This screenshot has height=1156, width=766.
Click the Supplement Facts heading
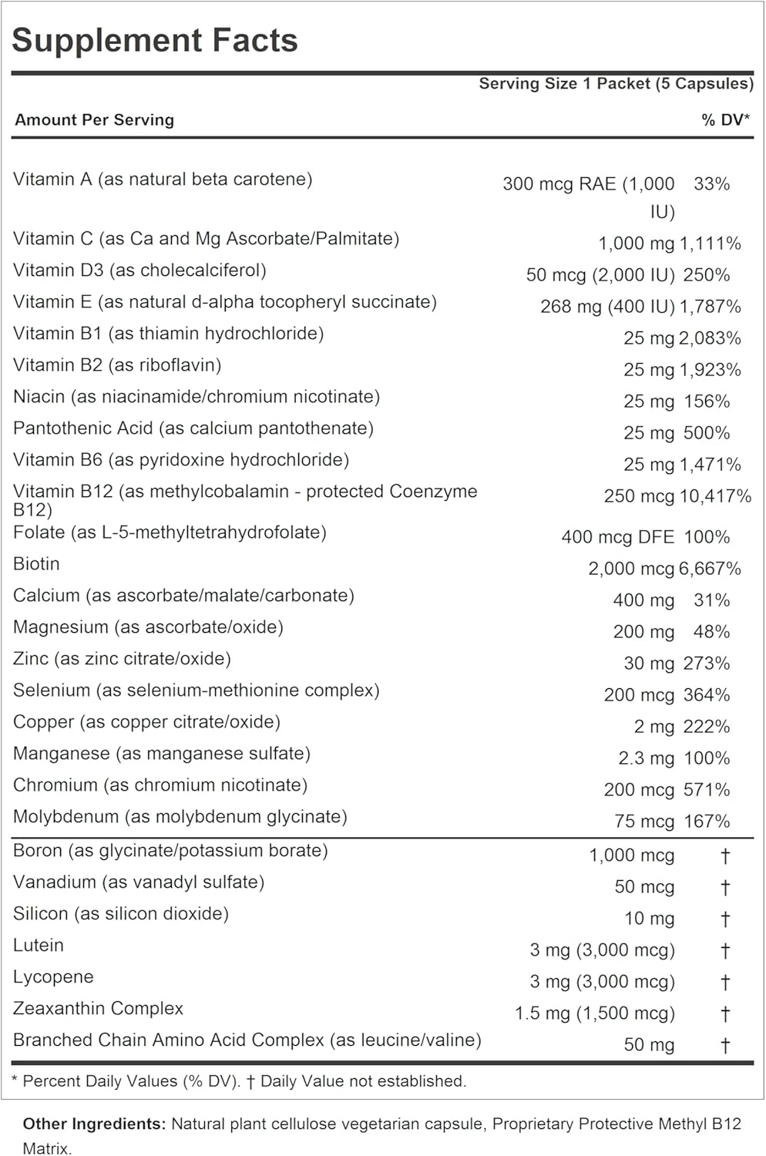tap(155, 41)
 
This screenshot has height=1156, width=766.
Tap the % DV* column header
tap(725, 120)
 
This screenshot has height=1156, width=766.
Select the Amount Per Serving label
tap(95, 120)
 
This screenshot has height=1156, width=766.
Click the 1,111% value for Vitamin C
tap(710, 244)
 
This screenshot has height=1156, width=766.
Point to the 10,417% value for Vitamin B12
tap(714, 496)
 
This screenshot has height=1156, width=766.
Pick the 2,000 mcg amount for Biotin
tap(631, 569)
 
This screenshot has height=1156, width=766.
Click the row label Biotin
tap(36, 564)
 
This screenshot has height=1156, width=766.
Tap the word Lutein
tap(39, 946)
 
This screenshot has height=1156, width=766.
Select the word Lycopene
tap(53, 977)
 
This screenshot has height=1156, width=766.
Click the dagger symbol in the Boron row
tap(724, 856)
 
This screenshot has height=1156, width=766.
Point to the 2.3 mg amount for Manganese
tap(646, 758)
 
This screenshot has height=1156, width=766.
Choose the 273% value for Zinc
tap(707, 664)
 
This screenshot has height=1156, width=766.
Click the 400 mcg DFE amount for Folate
tap(617, 537)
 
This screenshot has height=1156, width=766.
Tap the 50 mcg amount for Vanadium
tap(644, 887)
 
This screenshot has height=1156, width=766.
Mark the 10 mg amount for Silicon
tap(649, 919)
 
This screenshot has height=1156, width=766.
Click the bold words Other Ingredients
tap(94, 1124)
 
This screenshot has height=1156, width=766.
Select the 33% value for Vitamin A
tap(711, 184)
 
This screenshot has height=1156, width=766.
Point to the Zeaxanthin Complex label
tap(98, 1009)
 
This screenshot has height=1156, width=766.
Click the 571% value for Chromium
tap(707, 790)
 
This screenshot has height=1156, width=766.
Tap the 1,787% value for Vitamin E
tap(710, 307)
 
